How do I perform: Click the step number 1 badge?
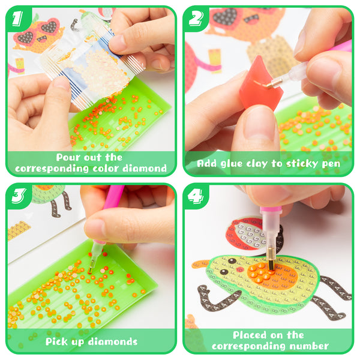point(17,19)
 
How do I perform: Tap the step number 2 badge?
point(196,19)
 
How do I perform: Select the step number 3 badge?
point(19,196)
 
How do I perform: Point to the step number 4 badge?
point(196,196)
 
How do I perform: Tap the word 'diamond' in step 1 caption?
point(145,169)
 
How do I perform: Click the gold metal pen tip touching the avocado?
point(271,259)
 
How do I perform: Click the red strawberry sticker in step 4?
point(248,234)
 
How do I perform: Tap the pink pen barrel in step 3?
point(113,197)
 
